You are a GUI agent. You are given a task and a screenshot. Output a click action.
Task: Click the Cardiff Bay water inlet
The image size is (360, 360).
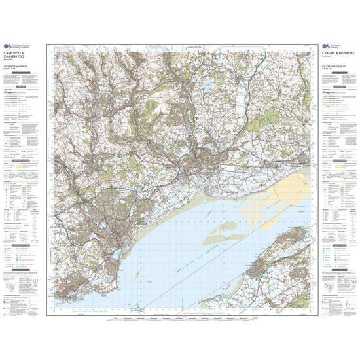[x=117, y=253]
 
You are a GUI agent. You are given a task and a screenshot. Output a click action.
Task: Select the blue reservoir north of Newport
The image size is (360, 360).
[x=207, y=85]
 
